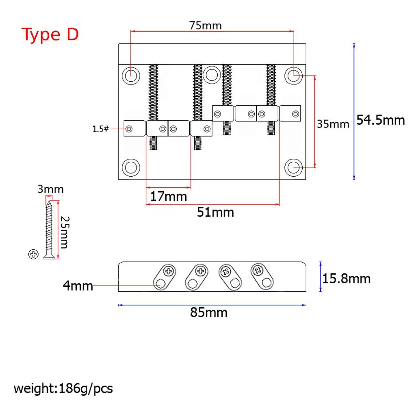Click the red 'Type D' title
pos(50,35)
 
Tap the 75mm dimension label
pos(206,26)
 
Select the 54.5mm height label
pos(381,120)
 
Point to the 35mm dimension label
pos(333,124)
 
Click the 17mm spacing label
pos(169,197)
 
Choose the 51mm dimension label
pos(215,212)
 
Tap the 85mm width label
pos(209,313)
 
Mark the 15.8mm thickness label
pos(347,279)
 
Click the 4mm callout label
pos(78,286)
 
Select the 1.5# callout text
pos(100,129)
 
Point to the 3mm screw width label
pos(50,189)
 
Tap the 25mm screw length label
pos(64,232)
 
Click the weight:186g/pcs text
pos(63,389)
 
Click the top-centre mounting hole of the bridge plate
pos(211,75)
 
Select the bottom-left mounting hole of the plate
pos(131,167)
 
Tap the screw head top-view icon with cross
pos(33,254)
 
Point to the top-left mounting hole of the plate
pos(131,75)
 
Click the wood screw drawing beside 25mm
pos(49,227)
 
